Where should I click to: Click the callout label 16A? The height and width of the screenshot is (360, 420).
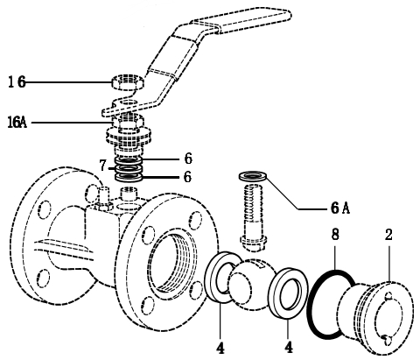(17, 123)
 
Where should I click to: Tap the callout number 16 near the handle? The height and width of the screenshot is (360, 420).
(17, 82)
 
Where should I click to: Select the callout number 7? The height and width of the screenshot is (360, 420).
(102, 166)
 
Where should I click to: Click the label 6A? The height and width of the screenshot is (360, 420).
(340, 208)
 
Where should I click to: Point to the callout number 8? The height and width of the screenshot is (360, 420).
(335, 235)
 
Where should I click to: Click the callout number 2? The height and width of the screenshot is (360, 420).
(388, 235)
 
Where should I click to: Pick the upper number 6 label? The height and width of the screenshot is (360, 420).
(188, 159)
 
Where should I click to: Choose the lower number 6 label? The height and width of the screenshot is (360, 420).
(188, 177)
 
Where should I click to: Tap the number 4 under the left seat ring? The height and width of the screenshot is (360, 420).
(220, 348)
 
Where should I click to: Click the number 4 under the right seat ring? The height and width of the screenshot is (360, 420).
(289, 348)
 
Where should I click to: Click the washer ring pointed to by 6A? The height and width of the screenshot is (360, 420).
(252, 176)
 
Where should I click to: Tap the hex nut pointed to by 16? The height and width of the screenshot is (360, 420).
(128, 82)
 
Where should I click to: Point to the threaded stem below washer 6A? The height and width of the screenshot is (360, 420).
(253, 216)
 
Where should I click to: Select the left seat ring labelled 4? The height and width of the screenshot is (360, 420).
(211, 278)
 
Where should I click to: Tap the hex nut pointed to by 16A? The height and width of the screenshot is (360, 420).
(128, 121)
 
